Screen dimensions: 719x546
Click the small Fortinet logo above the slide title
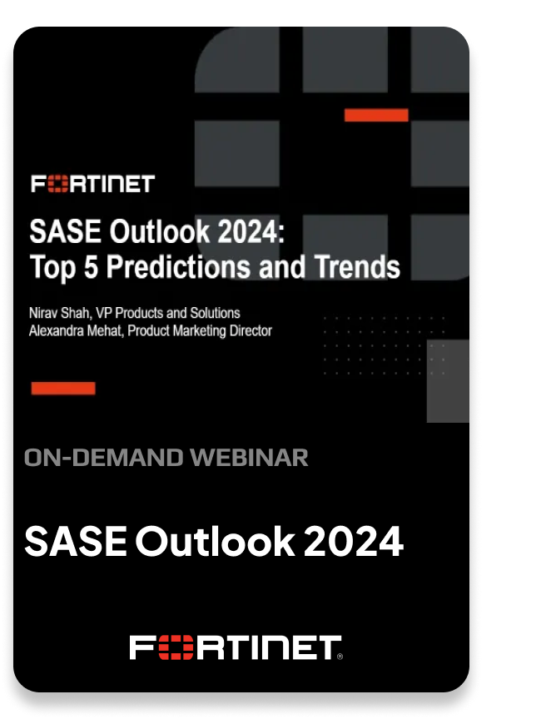pyautogui.click(x=93, y=184)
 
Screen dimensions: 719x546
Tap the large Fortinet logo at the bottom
pyautogui.click(x=236, y=648)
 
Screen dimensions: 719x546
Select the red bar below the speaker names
pyautogui.click(x=63, y=388)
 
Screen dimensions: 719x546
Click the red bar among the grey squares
pyautogui.click(x=376, y=115)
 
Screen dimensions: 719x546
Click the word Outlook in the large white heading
pyautogui.click(x=215, y=542)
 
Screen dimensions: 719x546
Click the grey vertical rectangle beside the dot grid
pyautogui.click(x=448, y=380)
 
